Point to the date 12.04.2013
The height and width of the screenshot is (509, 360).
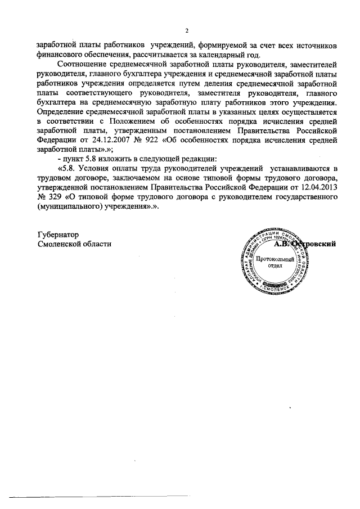tap(316, 185)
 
